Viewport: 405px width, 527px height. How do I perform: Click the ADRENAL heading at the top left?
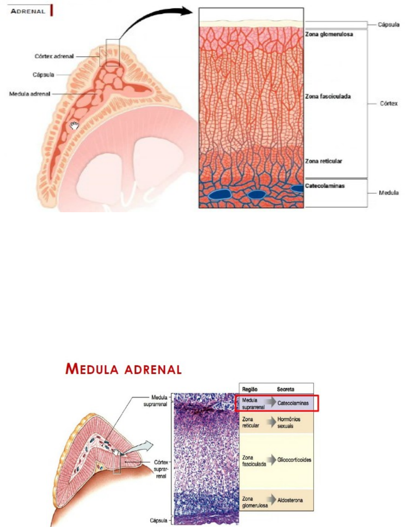(28, 11)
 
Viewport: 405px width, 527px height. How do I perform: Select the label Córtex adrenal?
(54, 57)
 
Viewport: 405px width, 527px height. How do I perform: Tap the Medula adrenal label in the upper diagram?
(30, 94)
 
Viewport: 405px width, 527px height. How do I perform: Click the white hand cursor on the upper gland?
(74, 126)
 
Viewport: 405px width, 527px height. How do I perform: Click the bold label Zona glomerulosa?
(329, 34)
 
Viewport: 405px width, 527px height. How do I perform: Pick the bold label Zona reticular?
(324, 161)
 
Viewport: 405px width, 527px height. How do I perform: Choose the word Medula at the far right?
(388, 193)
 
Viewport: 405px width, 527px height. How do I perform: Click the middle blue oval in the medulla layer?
(257, 194)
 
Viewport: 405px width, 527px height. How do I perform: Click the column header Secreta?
(286, 389)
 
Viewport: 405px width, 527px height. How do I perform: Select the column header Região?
(249, 389)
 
